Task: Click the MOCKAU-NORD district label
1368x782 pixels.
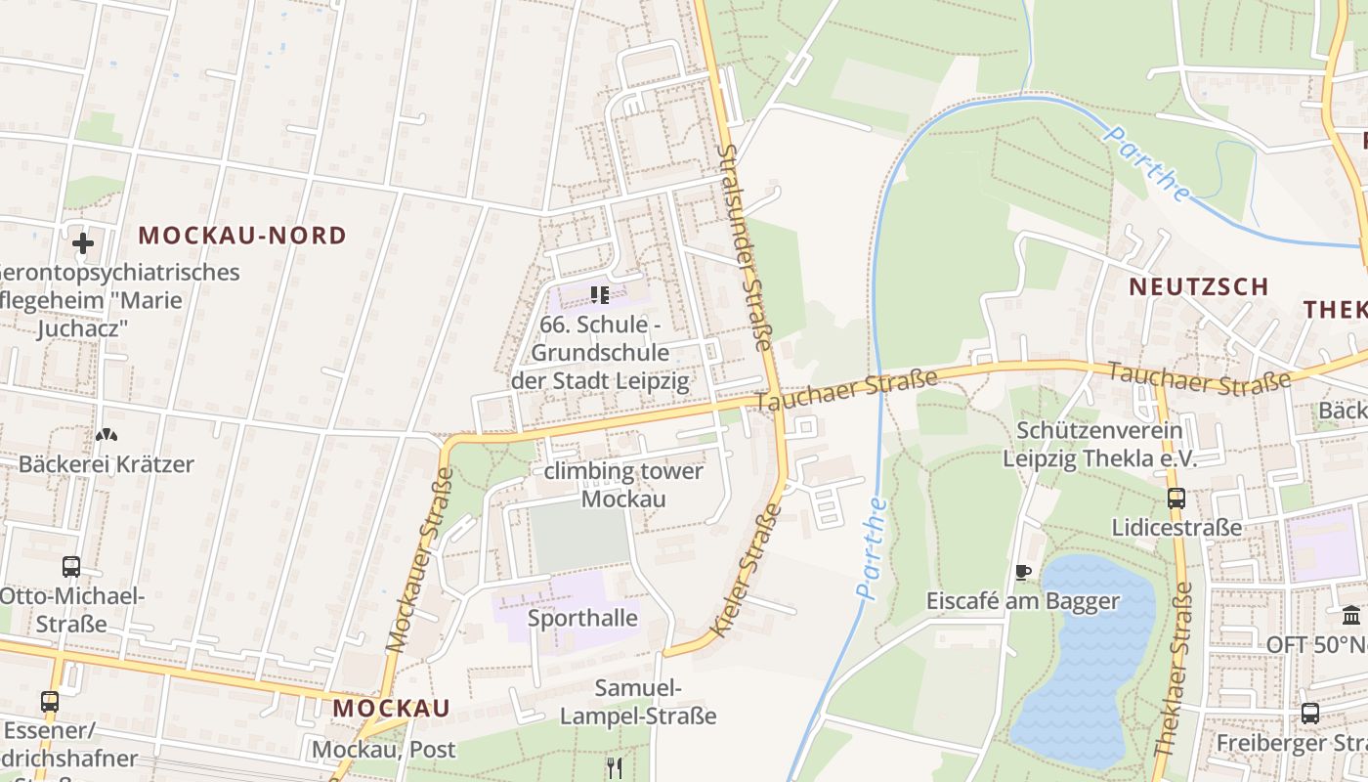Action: click(x=242, y=236)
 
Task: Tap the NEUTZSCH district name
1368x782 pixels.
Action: click(x=1199, y=287)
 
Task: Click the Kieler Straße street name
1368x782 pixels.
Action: click(x=747, y=570)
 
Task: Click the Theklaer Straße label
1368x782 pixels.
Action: click(x=1173, y=670)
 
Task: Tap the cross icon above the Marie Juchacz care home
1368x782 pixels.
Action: click(x=83, y=242)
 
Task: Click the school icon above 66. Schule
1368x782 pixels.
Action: click(x=599, y=294)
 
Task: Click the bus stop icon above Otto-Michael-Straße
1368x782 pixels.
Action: click(x=71, y=566)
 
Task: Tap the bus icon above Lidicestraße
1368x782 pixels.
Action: click(x=1176, y=499)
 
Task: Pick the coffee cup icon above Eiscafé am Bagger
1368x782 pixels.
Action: click(x=1022, y=572)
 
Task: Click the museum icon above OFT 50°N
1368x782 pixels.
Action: click(x=1351, y=616)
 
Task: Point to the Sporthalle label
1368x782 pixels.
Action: click(x=582, y=619)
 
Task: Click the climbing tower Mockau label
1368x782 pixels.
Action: click(x=623, y=485)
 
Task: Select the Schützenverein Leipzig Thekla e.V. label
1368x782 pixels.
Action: click(x=1099, y=445)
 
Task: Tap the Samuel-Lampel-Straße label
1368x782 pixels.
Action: click(x=638, y=702)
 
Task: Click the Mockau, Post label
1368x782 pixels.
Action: click(x=384, y=751)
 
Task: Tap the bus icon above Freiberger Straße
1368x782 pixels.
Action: click(x=1309, y=714)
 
